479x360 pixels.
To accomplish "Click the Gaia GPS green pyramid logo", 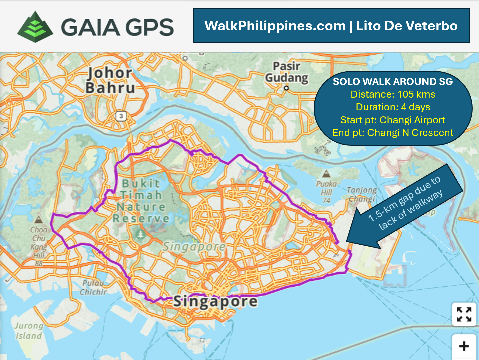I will pos(35,27).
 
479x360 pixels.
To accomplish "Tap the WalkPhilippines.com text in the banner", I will pos(275,26).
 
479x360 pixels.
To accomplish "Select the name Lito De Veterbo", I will pos(407,26).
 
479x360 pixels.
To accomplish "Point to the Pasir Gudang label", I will pos(287,72).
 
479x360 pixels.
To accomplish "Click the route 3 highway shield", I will pos(121,116).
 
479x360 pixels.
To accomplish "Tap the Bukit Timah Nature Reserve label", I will pos(141,201).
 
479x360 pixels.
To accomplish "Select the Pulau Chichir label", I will pos(93,287).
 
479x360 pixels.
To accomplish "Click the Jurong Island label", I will pos(28,331).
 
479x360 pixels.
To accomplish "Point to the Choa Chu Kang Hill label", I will pos(39,246).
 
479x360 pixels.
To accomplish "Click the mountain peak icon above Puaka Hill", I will pos(326,174).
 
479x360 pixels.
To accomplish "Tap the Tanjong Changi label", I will pos(362,194).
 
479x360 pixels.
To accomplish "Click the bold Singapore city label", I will pos(215,301).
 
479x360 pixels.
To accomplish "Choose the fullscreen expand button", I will pos(464,314).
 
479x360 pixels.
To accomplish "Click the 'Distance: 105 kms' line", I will pos(393,94).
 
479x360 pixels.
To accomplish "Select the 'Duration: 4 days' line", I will pos(393,107).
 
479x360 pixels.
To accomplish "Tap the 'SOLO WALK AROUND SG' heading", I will pos(393,82).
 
